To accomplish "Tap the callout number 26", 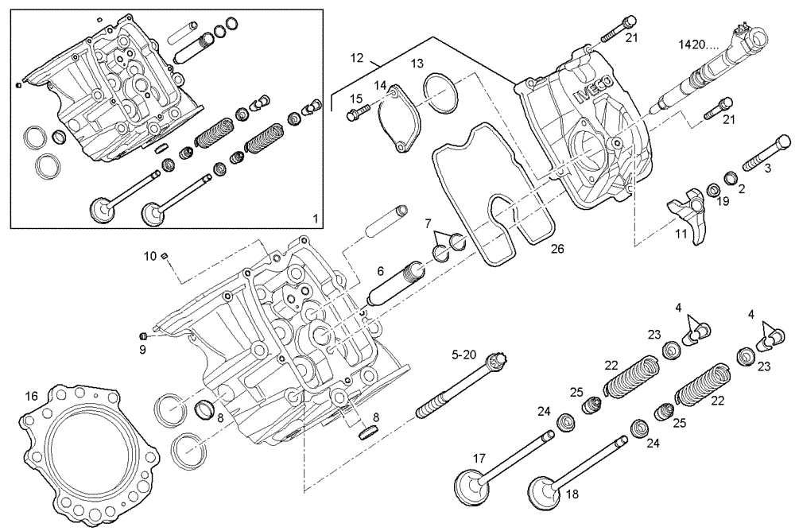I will (x=557, y=250).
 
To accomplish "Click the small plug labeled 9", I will (x=144, y=334).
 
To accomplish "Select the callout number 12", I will (x=356, y=57).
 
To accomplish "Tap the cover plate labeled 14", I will (x=399, y=126).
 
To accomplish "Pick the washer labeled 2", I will (x=730, y=176).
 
